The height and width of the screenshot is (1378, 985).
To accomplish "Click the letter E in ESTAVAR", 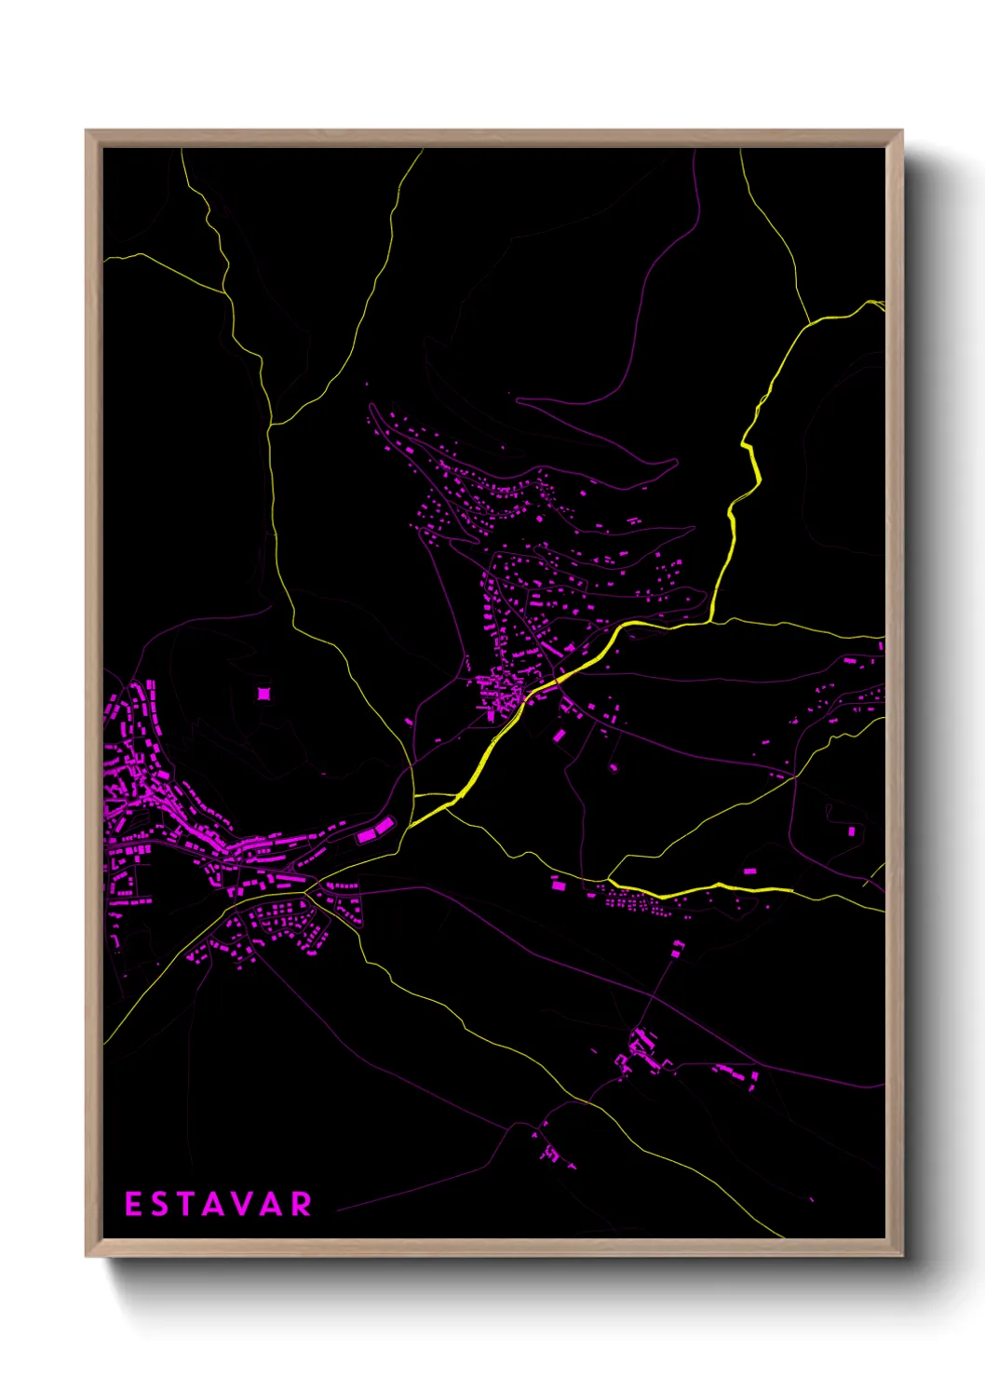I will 133,1204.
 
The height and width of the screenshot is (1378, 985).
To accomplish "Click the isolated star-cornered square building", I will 263,693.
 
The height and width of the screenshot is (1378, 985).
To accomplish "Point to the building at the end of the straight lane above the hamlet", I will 678,948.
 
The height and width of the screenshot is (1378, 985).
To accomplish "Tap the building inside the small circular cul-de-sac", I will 851,831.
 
